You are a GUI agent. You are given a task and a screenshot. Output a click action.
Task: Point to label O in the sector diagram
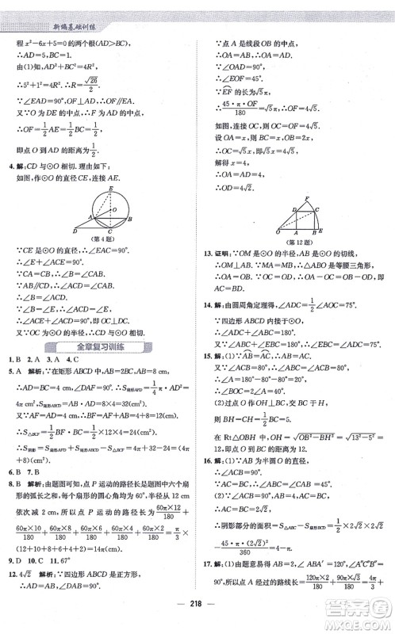[268, 232]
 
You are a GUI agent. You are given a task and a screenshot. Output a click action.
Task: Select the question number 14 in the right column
[208, 304]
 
